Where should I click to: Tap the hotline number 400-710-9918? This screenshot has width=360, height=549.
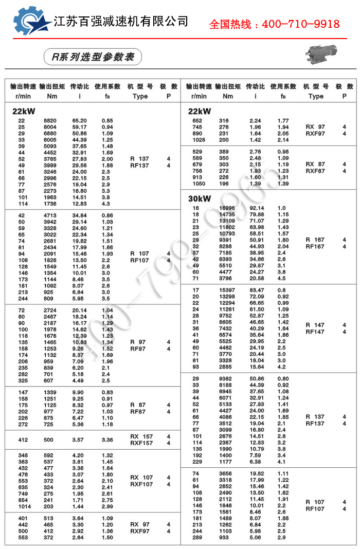tap(274, 24)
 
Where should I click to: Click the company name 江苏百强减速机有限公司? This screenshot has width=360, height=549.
tap(121, 21)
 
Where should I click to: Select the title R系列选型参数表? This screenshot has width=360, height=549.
tap(89, 57)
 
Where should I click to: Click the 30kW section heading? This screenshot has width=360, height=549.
tap(200, 198)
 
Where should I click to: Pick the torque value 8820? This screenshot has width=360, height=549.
tap(50, 120)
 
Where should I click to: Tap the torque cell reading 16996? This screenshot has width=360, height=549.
tap(227, 208)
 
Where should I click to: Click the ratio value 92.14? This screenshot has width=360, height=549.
tap(257, 208)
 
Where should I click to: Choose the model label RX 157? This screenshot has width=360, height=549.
tap(141, 436)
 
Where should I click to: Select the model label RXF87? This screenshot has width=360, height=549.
tap(315, 171)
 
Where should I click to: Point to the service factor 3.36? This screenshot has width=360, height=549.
tap(107, 440)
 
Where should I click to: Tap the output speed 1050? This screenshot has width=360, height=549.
tap(199, 184)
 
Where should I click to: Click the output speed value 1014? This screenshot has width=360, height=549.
tap(24, 506)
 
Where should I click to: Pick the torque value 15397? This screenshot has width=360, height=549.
tap(227, 290)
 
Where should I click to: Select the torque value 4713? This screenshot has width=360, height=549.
tap(50, 215)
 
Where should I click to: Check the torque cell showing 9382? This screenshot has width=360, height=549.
tap(227, 378)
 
